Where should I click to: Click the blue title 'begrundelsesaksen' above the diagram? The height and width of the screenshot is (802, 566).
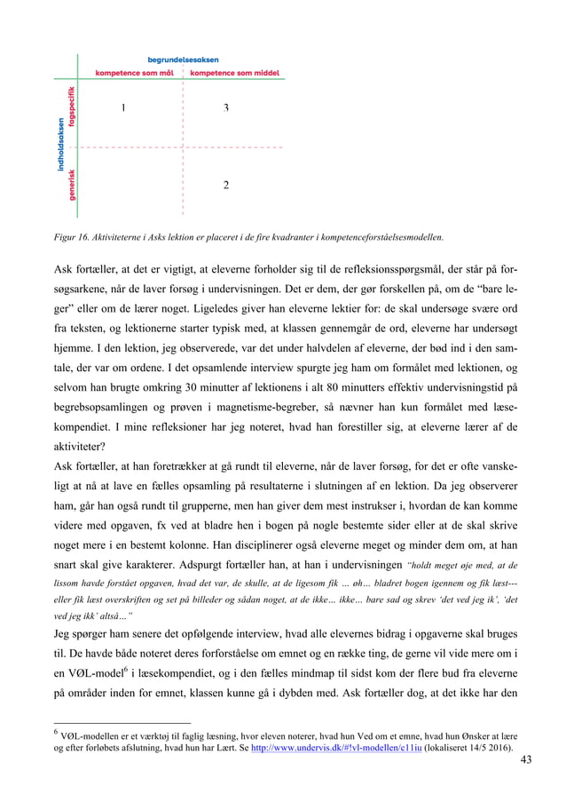point(184,60)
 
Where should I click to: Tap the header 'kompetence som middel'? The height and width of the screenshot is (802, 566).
point(234,73)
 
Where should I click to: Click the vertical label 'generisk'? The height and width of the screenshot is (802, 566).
point(72,185)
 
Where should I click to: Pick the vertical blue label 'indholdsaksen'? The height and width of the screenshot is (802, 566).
point(60,146)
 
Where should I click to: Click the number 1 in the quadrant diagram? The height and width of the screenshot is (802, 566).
point(122,108)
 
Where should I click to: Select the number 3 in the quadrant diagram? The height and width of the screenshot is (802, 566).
point(226,108)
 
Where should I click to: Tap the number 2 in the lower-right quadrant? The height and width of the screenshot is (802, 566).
point(226,185)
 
